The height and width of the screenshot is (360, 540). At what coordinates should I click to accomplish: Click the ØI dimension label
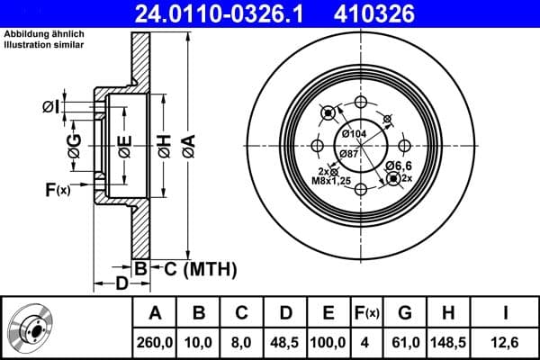click(50, 108)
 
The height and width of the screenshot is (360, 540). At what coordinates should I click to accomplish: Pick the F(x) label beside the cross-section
click(57, 190)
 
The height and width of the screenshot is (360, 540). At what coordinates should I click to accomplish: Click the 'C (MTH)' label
click(201, 267)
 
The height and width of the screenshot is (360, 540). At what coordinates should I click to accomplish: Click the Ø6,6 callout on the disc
click(399, 166)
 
